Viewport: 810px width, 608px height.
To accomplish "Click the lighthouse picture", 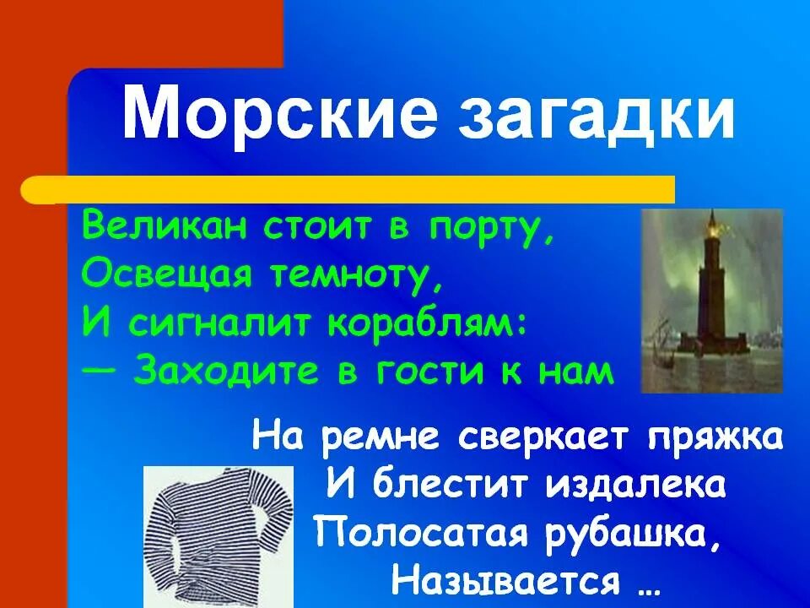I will tap(712, 301).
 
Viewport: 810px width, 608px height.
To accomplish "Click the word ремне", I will tap(383, 437).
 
